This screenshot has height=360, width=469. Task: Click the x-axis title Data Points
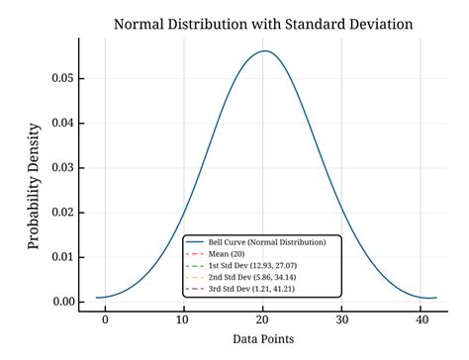[262, 338]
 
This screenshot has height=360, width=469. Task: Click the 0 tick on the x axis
[105, 320]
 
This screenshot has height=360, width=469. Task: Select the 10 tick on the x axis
[183, 320]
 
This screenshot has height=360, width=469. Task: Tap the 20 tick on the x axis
[262, 320]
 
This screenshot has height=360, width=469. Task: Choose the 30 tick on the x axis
[341, 320]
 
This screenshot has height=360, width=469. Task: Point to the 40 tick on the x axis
[420, 320]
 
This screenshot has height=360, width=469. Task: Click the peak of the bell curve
[264, 51]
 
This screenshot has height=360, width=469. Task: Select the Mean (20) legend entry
[229, 253]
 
